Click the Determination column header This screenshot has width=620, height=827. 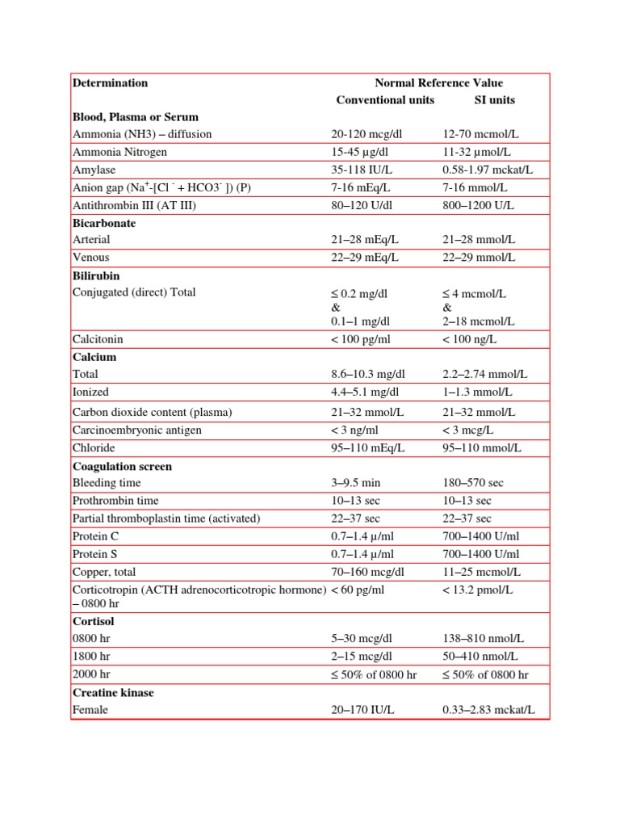(111, 82)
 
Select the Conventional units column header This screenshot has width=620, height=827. (385, 100)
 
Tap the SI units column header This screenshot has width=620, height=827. (494, 100)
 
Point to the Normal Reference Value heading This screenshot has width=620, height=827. (438, 82)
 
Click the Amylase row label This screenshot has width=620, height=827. (94, 170)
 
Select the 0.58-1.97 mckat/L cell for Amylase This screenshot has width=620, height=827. (488, 170)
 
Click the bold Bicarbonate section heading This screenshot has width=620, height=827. (104, 223)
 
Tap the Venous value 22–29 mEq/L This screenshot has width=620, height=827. (366, 258)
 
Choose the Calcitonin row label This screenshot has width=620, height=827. (98, 340)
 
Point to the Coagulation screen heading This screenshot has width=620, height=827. (122, 467)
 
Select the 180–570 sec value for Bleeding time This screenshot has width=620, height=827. (473, 483)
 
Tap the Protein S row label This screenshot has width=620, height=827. (94, 554)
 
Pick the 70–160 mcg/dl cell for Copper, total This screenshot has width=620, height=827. (367, 572)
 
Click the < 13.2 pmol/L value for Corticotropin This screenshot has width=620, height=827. (478, 590)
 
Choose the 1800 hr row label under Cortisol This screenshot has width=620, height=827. (91, 656)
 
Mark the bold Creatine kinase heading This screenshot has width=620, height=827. (113, 693)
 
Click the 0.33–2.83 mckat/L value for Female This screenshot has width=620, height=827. (488, 711)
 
